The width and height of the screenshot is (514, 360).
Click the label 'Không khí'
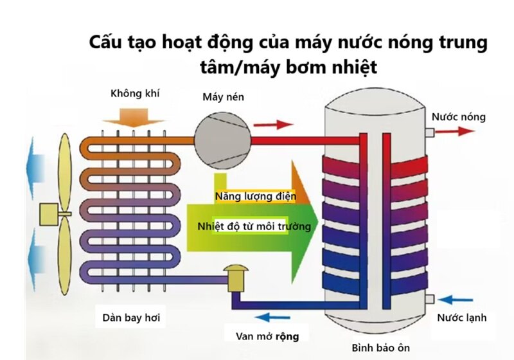tap(135, 94)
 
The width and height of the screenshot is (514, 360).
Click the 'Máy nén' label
tap(223, 97)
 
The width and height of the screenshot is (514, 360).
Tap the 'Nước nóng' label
tap(458, 117)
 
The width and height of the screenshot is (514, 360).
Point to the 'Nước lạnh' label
tap(461, 318)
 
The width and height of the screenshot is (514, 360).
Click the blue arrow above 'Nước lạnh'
tap(461, 300)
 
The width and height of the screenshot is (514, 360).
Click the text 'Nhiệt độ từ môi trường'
tap(254, 226)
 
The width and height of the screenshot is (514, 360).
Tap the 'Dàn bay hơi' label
tap(130, 317)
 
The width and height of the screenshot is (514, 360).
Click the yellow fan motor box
tap(49, 214)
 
